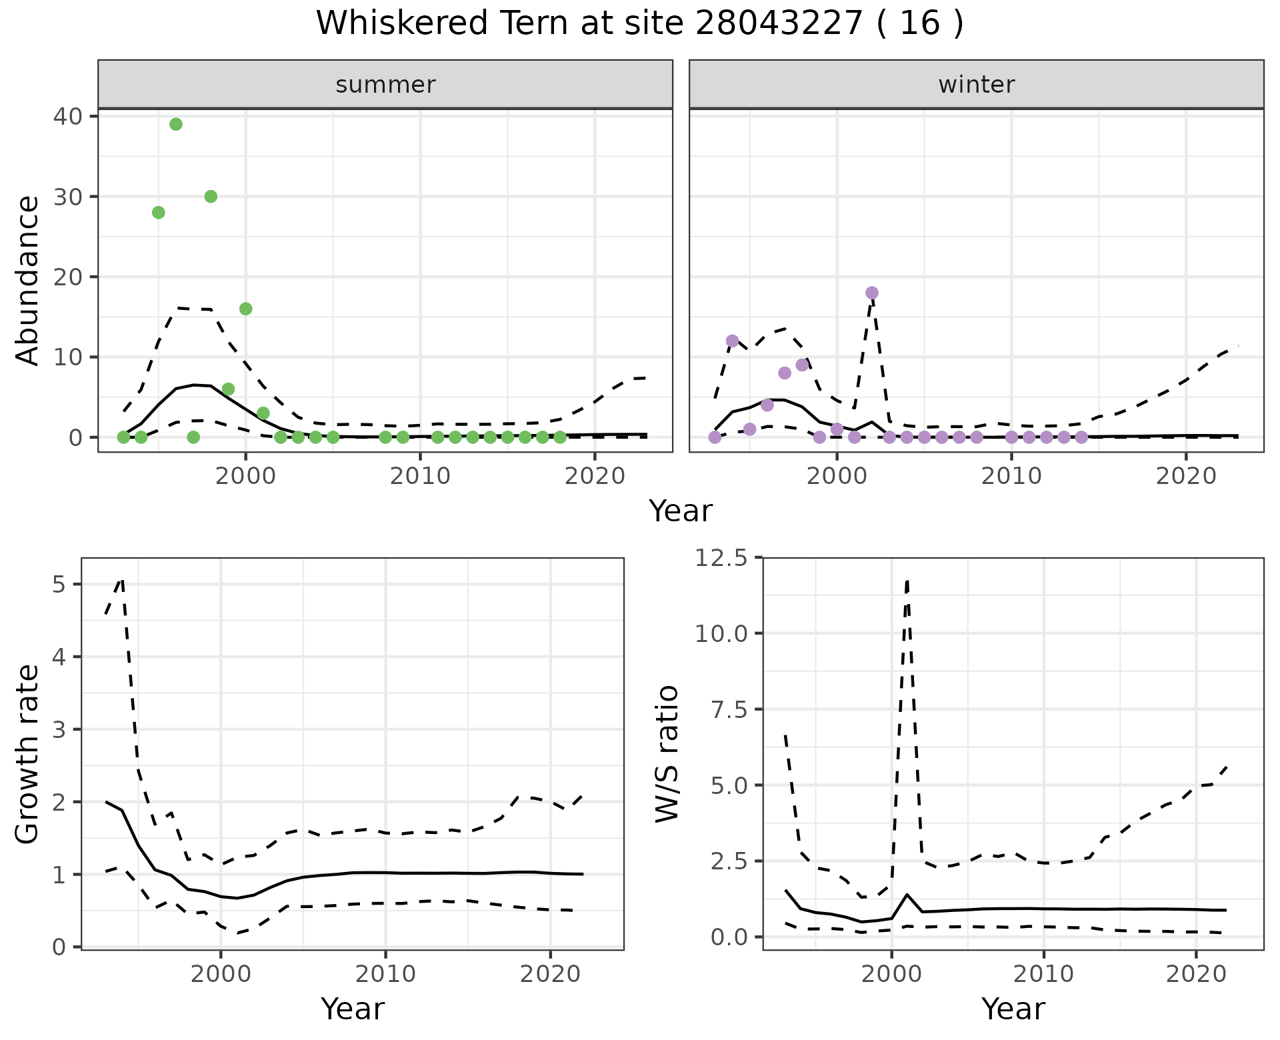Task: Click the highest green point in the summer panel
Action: tap(176, 124)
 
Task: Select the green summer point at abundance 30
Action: tap(211, 197)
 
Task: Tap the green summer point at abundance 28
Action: tap(159, 213)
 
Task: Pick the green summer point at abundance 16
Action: tap(245, 309)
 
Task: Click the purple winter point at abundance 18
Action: tap(872, 293)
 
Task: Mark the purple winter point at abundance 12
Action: tap(732, 341)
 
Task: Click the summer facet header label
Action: tap(385, 85)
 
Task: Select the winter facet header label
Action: tap(977, 85)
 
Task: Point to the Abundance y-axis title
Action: tap(28, 280)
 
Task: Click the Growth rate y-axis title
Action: tap(28, 753)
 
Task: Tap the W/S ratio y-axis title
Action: tap(667, 753)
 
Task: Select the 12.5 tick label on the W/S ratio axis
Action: tap(721, 557)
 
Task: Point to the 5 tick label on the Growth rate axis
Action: tap(59, 585)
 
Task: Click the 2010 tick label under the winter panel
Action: tap(1011, 476)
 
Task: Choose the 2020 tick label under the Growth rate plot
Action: tap(550, 974)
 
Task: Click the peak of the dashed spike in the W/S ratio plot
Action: tap(907, 581)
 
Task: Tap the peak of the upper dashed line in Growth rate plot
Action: tap(122, 579)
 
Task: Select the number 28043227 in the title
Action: tap(779, 23)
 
